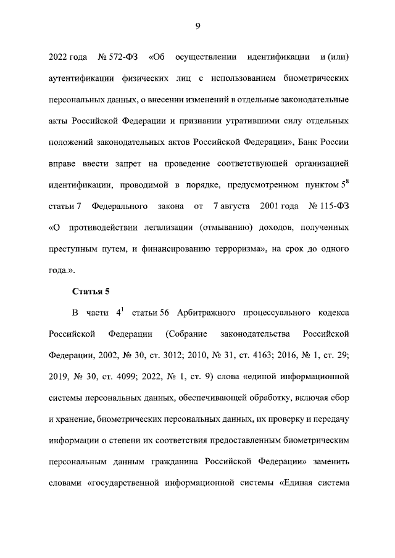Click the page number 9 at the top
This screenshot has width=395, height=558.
click(x=197, y=25)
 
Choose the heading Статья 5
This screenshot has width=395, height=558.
click(x=91, y=292)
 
